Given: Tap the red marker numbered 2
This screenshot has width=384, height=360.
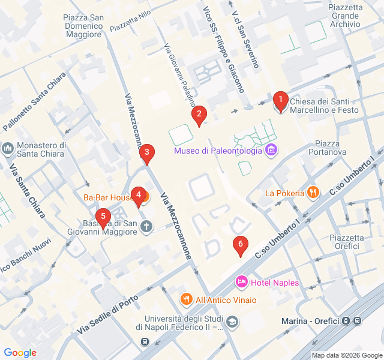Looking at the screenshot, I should coord(199,114).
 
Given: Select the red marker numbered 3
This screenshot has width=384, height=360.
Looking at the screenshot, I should coord(146,153).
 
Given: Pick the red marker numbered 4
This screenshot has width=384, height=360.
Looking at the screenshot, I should coord(139,195).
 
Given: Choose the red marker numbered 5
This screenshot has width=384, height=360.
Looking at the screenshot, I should coord(103,217).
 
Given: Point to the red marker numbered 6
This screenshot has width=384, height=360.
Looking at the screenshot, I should coord(240,244).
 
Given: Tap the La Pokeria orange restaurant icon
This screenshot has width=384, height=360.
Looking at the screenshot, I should coord(312,193).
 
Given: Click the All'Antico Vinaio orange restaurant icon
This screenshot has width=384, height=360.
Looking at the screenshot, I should coord(187,298).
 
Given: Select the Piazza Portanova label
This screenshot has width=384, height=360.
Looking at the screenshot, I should coord(331,148).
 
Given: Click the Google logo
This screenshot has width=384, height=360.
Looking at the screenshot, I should coord(20,353).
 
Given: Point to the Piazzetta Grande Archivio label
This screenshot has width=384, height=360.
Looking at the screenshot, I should coord(345,15).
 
